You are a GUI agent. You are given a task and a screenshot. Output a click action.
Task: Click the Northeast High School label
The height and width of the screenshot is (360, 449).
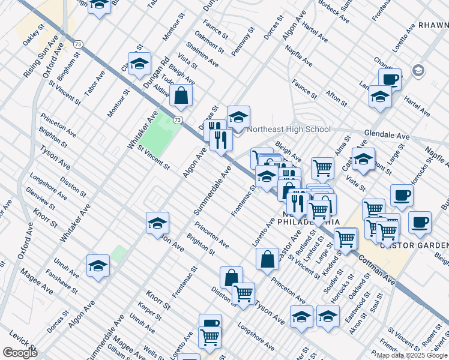pos(289,129)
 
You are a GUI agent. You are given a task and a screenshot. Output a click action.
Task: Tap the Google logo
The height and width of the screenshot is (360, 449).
pos(20,352)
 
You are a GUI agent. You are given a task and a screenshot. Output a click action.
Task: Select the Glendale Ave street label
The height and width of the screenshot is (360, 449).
pos(387,136)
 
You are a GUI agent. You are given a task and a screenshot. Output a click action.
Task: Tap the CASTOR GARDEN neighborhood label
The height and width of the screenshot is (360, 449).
pos(415,245)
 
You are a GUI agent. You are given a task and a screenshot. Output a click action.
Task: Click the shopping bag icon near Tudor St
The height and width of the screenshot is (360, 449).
pos(181,96)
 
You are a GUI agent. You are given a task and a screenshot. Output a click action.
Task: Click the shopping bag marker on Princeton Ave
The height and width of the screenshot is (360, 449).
pos(267,259)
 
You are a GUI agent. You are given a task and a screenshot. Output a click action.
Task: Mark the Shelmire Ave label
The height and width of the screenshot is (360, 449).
pos(202,55)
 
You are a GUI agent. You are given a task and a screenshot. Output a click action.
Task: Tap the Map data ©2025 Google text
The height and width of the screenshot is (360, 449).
pos(412,355)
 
